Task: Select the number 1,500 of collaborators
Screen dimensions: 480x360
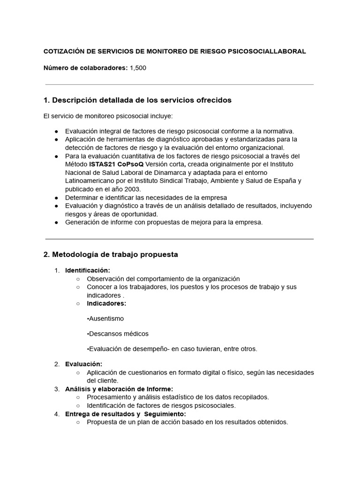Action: point(138,68)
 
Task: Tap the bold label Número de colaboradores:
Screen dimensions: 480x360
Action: point(85,68)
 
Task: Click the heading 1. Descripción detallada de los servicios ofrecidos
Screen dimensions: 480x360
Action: point(137,100)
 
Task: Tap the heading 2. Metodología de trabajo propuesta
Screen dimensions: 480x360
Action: point(111,255)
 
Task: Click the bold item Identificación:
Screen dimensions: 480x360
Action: point(88,270)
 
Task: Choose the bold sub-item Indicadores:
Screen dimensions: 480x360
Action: point(106,303)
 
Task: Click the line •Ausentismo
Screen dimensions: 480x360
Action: point(105,318)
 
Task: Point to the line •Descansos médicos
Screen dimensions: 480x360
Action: point(118,334)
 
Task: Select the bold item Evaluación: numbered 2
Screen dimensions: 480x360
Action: point(83,364)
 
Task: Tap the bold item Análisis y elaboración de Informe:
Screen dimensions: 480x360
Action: point(119,389)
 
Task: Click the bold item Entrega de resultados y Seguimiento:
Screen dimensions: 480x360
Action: point(125,414)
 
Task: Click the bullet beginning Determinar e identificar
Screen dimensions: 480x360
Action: point(146,198)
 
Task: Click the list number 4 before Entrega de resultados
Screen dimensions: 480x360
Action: point(56,414)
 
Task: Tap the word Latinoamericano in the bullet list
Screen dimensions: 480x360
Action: point(89,181)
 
